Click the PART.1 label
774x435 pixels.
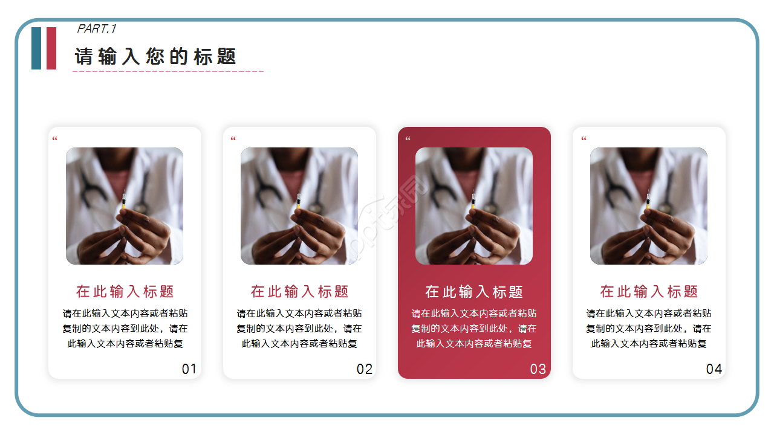97,28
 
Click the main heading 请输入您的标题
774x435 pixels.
155,57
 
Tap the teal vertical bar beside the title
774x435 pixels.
36,48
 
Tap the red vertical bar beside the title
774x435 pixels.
51,48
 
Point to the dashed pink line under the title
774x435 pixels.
168,71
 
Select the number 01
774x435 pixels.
189,369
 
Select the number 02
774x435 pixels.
365,369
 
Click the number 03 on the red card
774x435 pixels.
538,369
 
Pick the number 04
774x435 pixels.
714,369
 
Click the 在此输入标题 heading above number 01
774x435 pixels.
125,292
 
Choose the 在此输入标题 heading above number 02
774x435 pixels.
300,292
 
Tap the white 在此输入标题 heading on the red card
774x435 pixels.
474,292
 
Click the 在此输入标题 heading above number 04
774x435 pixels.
649,292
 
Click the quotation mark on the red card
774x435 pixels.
408,140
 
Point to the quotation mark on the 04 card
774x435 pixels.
584,140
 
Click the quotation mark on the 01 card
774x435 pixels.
54,140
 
